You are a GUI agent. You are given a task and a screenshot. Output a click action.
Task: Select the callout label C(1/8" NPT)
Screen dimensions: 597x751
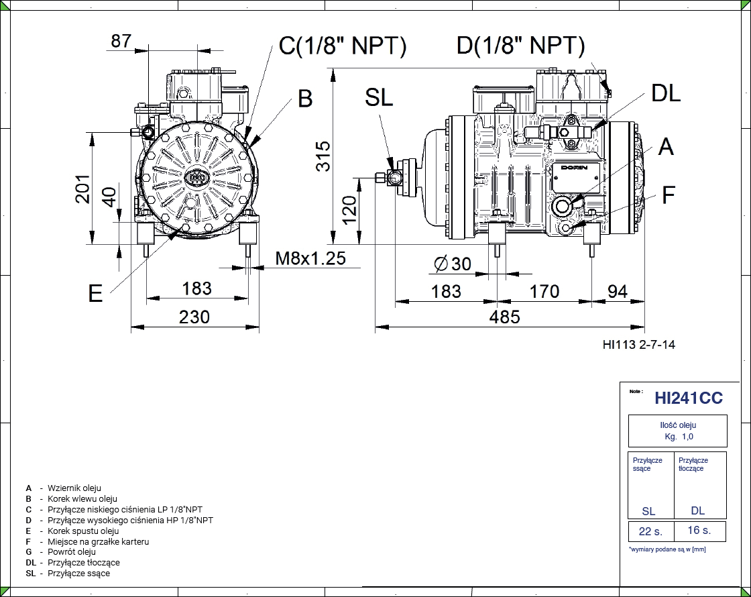(343, 46)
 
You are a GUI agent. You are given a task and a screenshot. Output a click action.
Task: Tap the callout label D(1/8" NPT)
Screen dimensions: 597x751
(520, 46)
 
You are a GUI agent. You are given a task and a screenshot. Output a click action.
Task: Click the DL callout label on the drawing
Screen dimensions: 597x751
(665, 93)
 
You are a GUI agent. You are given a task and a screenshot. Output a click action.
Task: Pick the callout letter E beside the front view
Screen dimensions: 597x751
(96, 293)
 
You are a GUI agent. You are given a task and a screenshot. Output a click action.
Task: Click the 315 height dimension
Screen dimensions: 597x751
(323, 156)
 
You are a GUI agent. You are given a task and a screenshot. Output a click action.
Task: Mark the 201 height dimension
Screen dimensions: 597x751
(82, 190)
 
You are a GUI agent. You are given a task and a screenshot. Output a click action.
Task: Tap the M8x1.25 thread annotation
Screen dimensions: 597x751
(310, 257)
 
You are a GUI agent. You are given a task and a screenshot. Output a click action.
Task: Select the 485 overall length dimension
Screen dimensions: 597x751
(504, 317)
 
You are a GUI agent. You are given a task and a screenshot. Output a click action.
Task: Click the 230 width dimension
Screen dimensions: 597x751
(194, 317)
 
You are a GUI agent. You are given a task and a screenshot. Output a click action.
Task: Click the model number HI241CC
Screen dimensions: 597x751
(689, 398)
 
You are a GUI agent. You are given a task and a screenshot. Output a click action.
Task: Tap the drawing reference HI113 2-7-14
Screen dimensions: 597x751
(639, 345)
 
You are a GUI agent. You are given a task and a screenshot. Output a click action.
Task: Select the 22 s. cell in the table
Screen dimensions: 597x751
(650, 531)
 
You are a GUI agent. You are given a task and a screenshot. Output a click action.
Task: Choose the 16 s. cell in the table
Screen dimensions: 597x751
(698, 531)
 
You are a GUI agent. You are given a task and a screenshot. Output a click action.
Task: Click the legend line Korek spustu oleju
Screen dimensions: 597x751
(83, 531)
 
